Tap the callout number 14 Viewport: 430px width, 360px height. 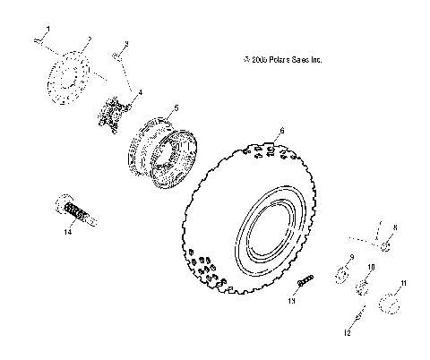[66, 233]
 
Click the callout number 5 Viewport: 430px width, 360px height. [176, 107]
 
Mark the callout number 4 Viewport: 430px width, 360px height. [139, 92]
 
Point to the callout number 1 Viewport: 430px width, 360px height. [47, 30]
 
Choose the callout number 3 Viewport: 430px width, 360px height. [126, 43]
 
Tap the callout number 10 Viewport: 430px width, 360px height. [372, 267]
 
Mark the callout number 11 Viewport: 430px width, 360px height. [403, 283]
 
